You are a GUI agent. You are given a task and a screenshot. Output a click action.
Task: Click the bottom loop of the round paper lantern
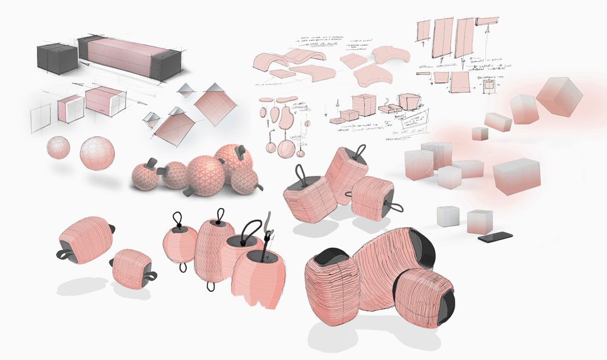[x=184, y=268]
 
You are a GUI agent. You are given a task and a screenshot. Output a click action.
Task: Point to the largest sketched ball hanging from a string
[x=285, y=149]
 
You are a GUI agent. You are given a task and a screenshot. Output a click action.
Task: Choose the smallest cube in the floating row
[x=480, y=134]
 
